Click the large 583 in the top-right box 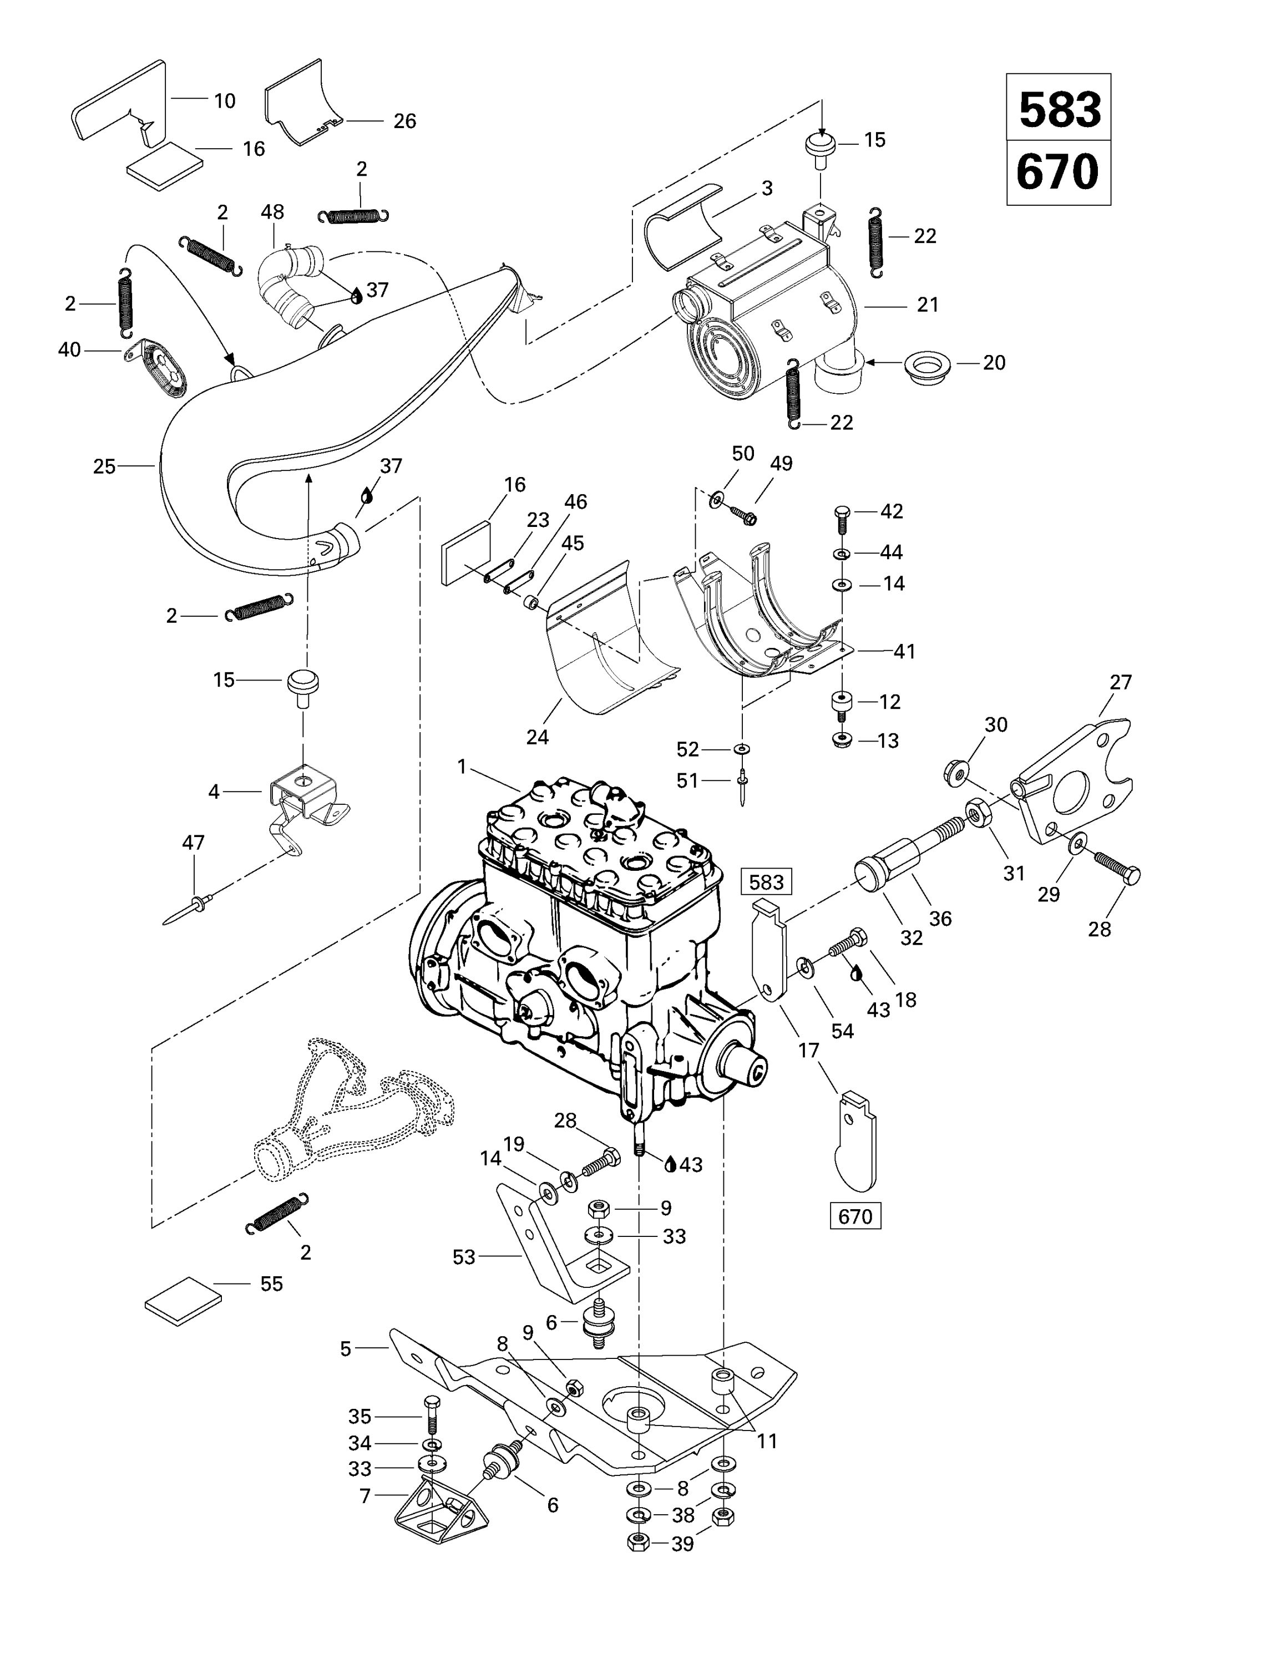[1059, 110]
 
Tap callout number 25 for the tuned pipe [104, 466]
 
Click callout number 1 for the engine [462, 767]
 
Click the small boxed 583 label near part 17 [766, 882]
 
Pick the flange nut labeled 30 [955, 773]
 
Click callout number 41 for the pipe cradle [904, 651]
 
